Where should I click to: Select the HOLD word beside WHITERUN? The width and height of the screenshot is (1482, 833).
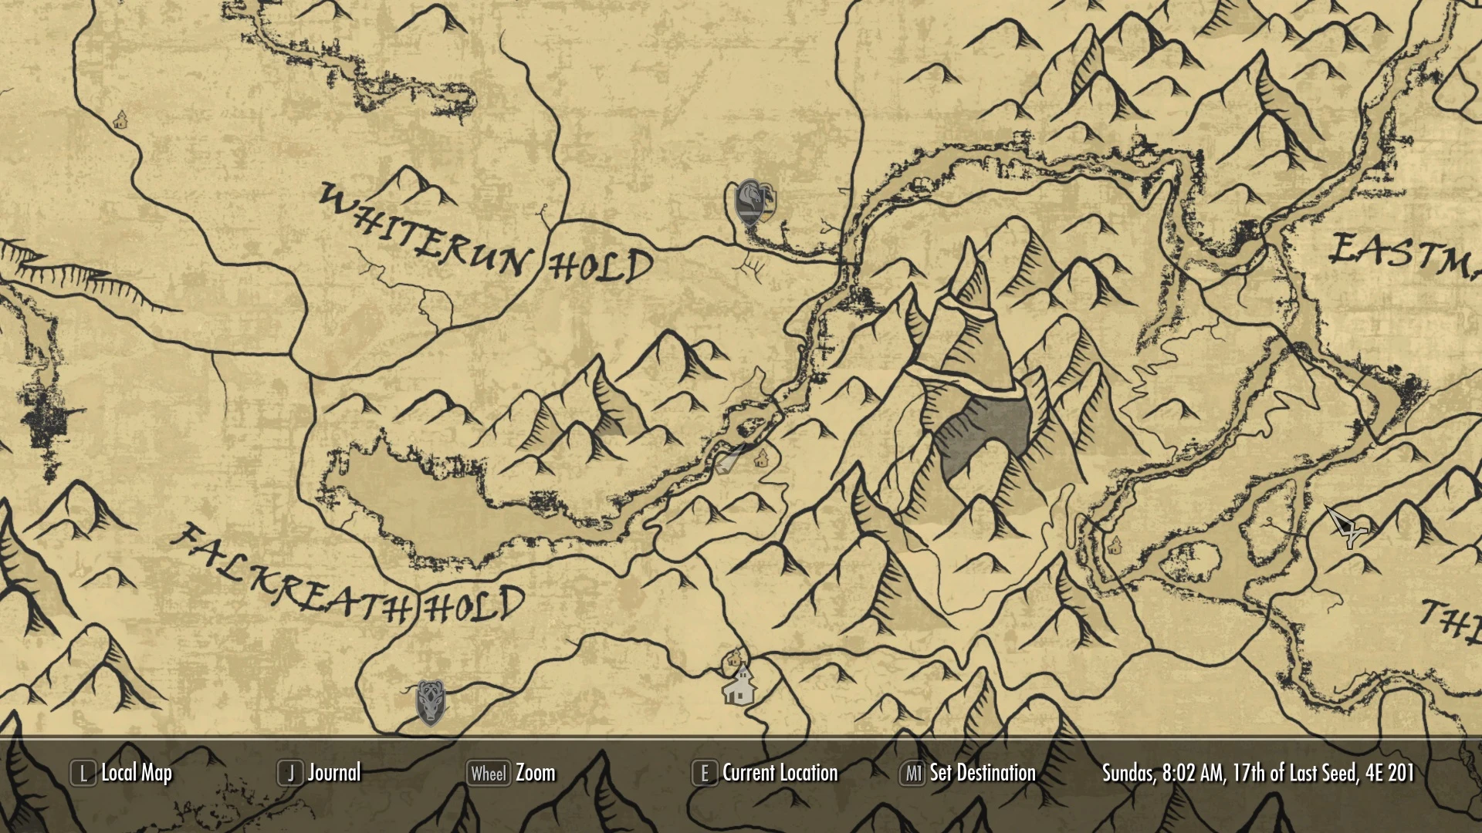(x=601, y=267)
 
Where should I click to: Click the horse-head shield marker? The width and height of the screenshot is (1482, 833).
(x=749, y=203)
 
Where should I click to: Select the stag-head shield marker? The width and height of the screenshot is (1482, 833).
(x=430, y=702)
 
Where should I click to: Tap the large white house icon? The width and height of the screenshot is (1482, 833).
(x=739, y=686)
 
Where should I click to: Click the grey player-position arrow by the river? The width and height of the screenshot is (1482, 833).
(x=728, y=460)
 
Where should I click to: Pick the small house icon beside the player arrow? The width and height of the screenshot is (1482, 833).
(x=761, y=457)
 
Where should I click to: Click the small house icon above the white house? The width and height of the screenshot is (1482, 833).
(x=733, y=659)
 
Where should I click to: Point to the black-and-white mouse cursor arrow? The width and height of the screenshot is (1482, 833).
(x=1345, y=526)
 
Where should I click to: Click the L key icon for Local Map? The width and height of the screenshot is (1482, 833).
(x=83, y=773)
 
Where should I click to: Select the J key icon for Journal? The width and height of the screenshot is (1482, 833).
(x=290, y=773)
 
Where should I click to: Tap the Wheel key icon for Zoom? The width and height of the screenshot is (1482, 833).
(x=489, y=773)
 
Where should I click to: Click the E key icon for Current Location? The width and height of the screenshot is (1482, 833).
(x=704, y=773)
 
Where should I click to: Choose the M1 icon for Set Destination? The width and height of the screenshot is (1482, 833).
(x=912, y=773)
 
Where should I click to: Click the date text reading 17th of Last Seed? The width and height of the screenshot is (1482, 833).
(x=1296, y=773)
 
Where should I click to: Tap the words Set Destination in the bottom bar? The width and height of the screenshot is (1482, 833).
(x=983, y=773)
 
